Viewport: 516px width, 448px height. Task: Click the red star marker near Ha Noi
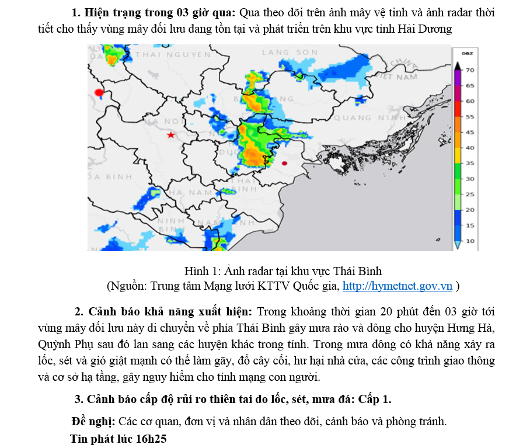pos(170,135)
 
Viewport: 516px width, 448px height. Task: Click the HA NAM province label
pos(192,192)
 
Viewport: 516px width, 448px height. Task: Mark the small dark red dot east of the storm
pos(284,164)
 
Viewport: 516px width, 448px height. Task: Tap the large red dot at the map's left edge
pos(99,92)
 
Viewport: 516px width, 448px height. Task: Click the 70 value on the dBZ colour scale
pos(469,70)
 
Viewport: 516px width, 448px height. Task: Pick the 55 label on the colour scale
pos(469,117)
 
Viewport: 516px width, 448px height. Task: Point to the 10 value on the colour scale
pos(469,241)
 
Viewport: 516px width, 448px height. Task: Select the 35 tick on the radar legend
pos(469,163)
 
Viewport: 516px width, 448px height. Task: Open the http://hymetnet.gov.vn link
pos(398,286)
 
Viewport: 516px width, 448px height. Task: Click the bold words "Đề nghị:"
pos(93,421)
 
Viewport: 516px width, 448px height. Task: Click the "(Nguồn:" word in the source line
pos(127,286)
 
